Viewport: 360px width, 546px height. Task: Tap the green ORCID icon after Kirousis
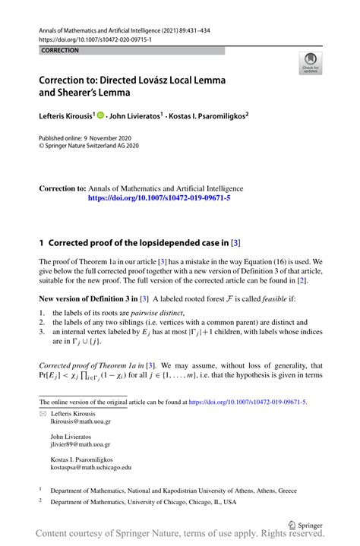[x=100, y=116]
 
